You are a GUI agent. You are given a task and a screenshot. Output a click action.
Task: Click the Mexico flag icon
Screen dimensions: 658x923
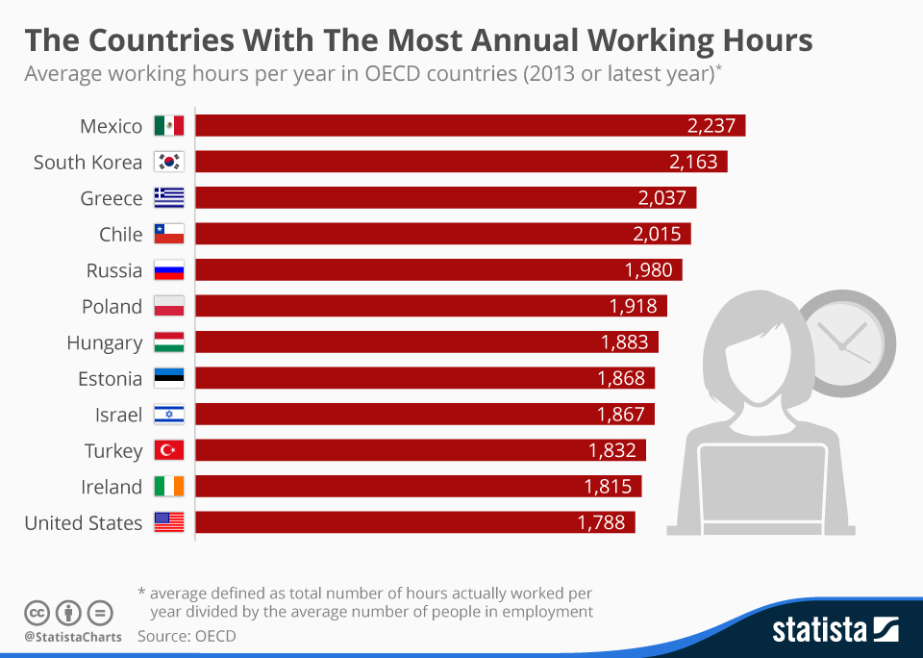click(x=169, y=126)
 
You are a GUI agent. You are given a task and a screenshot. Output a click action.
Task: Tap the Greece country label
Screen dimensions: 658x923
click(x=111, y=198)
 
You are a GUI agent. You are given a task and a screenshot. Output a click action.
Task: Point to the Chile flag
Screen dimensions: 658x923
click(x=169, y=234)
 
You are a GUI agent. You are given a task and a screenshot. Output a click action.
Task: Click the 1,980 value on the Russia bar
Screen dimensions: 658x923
click(x=648, y=270)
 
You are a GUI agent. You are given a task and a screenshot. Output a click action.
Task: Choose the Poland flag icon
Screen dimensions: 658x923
click(x=169, y=306)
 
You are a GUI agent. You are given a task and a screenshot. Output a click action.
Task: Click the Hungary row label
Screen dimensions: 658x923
click(x=104, y=342)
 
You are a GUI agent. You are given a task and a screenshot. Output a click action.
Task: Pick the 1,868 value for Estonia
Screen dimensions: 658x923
click(x=621, y=378)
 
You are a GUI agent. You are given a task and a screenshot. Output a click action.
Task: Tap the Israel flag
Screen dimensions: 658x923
click(x=169, y=415)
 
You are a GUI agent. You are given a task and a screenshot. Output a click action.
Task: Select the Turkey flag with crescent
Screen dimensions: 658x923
click(x=169, y=450)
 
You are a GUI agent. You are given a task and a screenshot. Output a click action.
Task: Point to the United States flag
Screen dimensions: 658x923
click(x=169, y=522)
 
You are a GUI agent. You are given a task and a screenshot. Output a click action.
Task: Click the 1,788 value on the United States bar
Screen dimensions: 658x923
click(x=601, y=522)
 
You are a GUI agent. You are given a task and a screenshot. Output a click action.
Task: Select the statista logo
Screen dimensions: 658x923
click(x=835, y=630)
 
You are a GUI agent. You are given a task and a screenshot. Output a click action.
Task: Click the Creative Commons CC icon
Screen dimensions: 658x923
click(x=37, y=612)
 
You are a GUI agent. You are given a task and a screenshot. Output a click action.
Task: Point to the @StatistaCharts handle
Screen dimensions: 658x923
click(x=73, y=636)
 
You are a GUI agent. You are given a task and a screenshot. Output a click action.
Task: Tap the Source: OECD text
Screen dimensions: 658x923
click(x=186, y=636)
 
